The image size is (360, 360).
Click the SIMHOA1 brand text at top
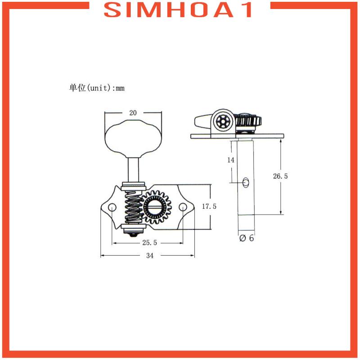tap(178, 10)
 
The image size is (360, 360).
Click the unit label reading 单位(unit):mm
tap(97, 88)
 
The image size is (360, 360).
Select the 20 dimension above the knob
tap(133, 113)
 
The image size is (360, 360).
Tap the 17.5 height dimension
tap(209, 207)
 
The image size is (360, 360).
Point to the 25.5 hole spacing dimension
tap(150, 243)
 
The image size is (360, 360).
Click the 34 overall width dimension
tap(150, 255)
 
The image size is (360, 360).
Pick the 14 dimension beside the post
tap(231, 160)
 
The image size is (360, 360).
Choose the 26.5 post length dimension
tap(280, 176)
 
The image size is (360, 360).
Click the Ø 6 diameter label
tap(247, 238)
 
